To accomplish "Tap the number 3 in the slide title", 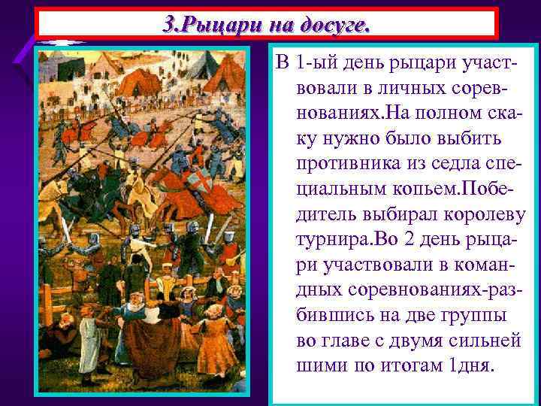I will pyautogui.click(x=171, y=23).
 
